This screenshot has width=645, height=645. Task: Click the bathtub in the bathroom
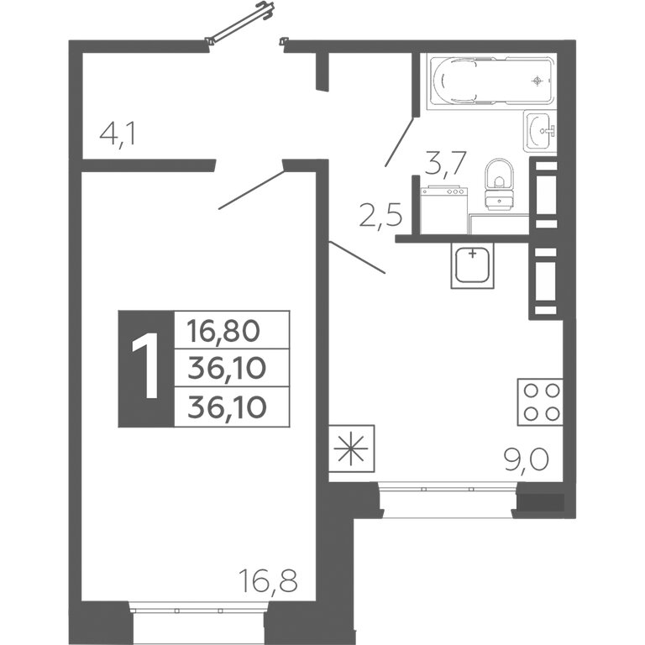491,81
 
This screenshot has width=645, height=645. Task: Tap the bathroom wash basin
540,131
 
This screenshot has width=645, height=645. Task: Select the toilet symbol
500,184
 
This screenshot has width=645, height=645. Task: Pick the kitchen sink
472,265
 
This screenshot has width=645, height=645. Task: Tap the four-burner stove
540,402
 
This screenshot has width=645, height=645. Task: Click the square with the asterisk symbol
351,448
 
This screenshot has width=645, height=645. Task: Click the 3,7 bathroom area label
445,163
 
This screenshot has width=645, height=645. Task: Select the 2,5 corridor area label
380,215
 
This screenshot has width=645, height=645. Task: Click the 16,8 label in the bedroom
268,580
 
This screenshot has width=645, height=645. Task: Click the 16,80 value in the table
223,331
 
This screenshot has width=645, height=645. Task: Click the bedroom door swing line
252,190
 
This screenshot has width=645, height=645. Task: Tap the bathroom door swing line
399,142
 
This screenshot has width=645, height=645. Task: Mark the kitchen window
447,500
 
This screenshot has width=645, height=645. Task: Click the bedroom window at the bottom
199,621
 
